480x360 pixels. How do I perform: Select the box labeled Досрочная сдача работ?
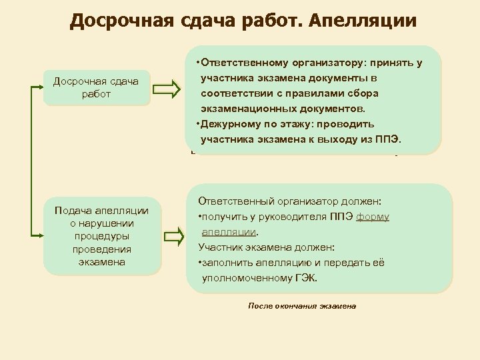coord(96,88)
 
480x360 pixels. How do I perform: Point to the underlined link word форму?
coord(373,217)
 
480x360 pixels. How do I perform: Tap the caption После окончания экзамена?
coord(302,306)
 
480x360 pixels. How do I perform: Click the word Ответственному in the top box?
coord(241,63)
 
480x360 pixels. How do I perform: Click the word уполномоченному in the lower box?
coord(244,277)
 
